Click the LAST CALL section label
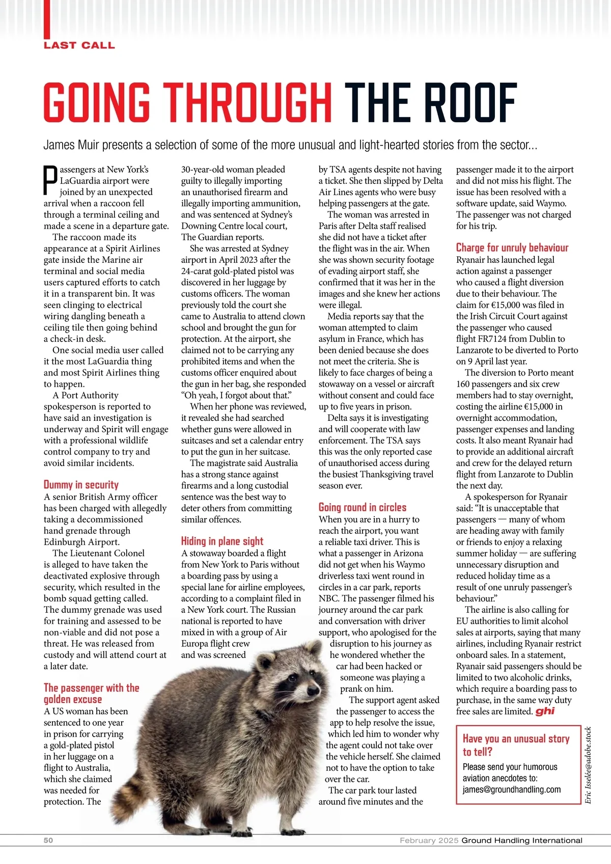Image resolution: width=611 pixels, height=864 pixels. pos(79,45)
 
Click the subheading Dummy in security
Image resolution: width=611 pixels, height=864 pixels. pos(81,484)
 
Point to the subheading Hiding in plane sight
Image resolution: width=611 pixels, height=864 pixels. pos(222,541)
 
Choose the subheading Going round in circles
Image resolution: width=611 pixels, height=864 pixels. pos(363,507)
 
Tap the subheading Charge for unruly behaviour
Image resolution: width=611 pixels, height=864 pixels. pos(512,248)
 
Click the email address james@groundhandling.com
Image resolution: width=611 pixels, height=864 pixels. pos(511,790)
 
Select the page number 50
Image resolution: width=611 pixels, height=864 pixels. pos(48,841)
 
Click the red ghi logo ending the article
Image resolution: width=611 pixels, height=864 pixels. pos(545,711)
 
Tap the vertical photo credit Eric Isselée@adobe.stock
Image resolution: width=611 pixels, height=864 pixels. pos(588,765)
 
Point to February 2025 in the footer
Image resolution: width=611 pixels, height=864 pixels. pos(429,841)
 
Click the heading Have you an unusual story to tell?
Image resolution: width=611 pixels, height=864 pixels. pos(515,745)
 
